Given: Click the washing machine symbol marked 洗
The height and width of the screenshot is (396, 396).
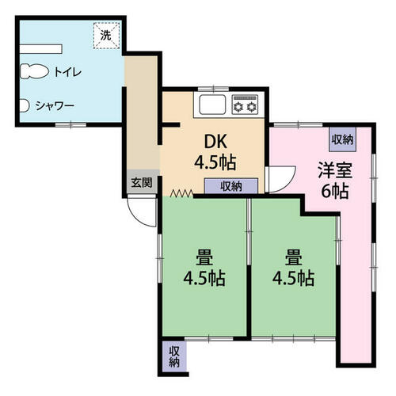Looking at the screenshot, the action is coord(107,36).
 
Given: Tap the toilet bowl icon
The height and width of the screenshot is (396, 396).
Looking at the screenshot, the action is coord(34,71).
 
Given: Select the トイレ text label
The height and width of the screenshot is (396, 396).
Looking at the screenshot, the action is coord(68,72).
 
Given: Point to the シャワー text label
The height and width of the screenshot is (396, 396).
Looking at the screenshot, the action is coord(55,106).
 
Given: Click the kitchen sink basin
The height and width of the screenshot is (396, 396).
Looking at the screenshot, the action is coord(212,105).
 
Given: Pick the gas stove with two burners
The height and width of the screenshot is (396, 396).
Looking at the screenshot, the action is coord(245,105).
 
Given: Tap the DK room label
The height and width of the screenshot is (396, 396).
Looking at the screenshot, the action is coord(215,142).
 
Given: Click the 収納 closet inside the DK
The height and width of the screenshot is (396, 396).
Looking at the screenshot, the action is coord(231,186).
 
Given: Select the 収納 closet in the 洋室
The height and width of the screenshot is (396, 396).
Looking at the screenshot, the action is coord(342,139).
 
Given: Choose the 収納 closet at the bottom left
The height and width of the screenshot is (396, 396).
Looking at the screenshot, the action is coord(174,356).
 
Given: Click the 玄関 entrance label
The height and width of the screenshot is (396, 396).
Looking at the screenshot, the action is coord(142,182).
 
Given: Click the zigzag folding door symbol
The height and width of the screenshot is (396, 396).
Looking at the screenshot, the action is coord(181,193).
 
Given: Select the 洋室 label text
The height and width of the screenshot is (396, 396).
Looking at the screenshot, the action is coord(335,170).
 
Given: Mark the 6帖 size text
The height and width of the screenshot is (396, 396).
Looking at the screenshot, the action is coord(335,191).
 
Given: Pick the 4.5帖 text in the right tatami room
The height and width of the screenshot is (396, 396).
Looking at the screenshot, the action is coord(293,278).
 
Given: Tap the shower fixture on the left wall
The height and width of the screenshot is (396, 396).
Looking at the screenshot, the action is coord(24,105).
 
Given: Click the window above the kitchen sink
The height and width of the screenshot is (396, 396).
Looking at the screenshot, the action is coord(213,89).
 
